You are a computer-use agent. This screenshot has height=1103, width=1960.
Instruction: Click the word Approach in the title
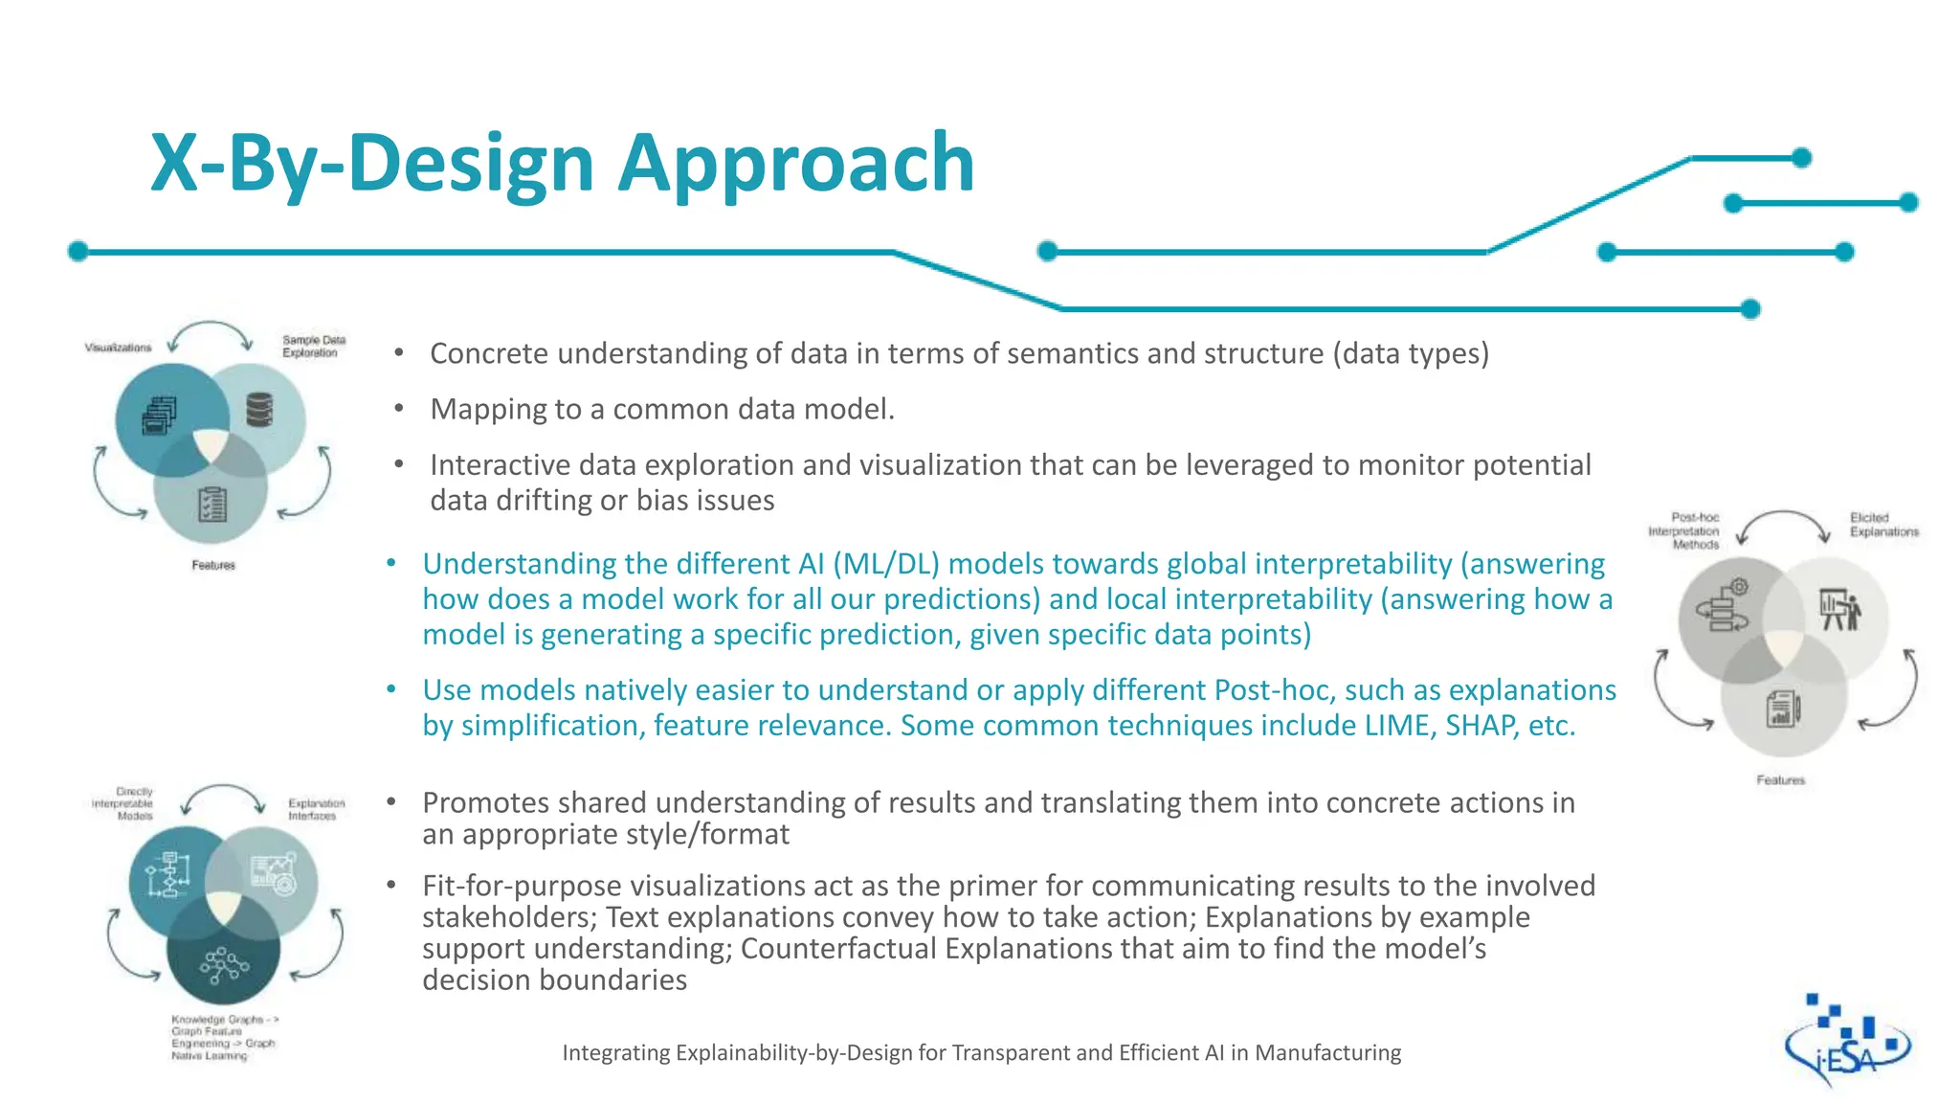(795, 163)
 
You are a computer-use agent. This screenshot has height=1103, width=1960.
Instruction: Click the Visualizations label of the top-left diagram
(118, 348)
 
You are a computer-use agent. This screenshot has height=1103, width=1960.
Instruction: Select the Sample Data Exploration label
(313, 347)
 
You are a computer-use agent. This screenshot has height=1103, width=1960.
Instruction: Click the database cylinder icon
(259, 410)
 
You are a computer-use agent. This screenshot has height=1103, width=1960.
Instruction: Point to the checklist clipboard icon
(212, 504)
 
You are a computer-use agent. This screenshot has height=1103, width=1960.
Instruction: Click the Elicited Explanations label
(1882, 525)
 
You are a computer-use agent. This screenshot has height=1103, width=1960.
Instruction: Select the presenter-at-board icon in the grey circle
(1838, 609)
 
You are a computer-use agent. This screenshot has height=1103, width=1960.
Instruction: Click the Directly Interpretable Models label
(124, 803)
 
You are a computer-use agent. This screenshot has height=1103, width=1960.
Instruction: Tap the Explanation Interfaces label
(316, 809)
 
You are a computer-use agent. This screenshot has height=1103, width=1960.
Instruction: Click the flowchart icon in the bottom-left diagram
(167, 873)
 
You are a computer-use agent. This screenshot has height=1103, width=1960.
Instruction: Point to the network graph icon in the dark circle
(223, 964)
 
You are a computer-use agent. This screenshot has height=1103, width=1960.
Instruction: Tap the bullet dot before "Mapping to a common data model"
(399, 410)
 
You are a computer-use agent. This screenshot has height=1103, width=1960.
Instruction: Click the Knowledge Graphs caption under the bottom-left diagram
(223, 1038)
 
